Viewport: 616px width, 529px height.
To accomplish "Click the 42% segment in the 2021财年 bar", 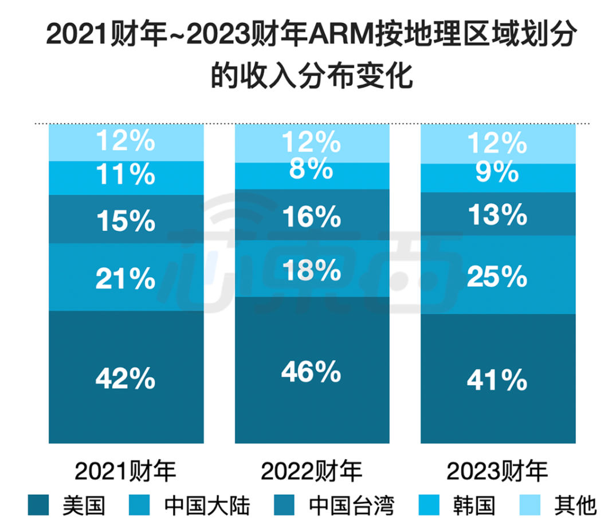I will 126,378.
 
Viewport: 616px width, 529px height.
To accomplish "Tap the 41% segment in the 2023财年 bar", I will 497,379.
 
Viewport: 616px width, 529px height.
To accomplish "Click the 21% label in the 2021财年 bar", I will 126,279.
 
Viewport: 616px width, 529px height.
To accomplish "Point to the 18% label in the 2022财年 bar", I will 312,270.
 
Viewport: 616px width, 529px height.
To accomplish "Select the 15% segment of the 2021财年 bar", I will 126,220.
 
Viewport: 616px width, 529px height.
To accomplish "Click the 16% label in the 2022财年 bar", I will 312,216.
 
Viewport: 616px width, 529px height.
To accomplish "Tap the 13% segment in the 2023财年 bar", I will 497,215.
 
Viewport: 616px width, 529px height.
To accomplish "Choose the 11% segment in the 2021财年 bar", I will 126,175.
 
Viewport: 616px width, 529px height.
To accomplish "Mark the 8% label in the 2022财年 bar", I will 312,169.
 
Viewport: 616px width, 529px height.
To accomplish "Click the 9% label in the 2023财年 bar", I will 497,172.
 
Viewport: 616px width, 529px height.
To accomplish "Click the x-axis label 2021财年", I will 126,472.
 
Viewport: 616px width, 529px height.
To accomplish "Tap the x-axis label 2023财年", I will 497,472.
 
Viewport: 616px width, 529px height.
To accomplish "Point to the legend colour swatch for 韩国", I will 431,506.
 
